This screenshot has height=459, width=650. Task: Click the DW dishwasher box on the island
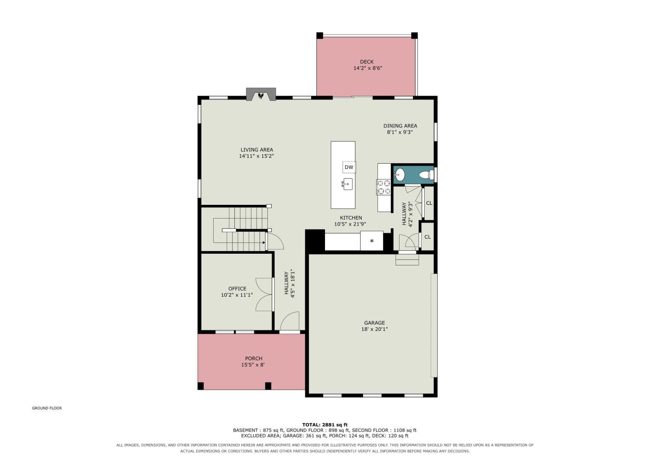coord(349,167)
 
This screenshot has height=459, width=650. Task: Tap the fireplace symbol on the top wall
coord(261,95)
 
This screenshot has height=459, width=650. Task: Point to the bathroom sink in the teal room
coord(400,175)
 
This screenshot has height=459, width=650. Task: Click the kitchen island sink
coord(348,184)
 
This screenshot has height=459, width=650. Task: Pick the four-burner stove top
coord(383,187)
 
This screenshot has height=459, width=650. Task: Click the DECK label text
coord(367,62)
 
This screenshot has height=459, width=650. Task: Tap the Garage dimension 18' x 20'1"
coord(374,329)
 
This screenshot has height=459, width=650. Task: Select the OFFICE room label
coord(237,288)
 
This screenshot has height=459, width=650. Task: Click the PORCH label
coord(253,359)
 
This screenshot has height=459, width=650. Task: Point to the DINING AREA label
coord(400,126)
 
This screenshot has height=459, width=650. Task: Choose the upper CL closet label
coord(429,203)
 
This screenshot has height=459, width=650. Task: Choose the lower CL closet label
coord(427,237)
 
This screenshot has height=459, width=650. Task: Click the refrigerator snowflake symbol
coord(372,241)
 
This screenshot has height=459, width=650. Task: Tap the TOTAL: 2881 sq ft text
coord(325,425)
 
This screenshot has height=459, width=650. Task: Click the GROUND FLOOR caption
coord(47,408)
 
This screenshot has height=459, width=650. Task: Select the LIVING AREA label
coord(257,150)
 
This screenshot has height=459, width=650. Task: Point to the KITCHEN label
coord(351,218)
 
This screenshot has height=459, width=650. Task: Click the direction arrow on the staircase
coord(264,242)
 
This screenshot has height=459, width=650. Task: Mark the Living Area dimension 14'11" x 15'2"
coord(257,156)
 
